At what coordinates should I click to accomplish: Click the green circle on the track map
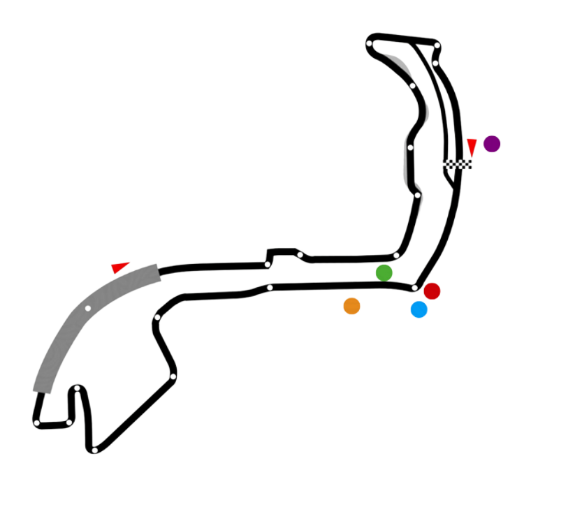click(384, 273)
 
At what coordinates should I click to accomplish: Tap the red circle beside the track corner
click(432, 291)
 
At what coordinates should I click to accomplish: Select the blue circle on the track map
click(419, 309)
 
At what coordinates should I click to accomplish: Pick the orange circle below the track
click(351, 306)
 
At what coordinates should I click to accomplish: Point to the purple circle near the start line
click(492, 144)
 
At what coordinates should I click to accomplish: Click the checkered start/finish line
click(458, 165)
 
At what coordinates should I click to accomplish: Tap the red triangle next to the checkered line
click(472, 147)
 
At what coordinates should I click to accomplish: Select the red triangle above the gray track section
click(120, 267)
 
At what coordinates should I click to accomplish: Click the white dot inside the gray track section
click(87, 308)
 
